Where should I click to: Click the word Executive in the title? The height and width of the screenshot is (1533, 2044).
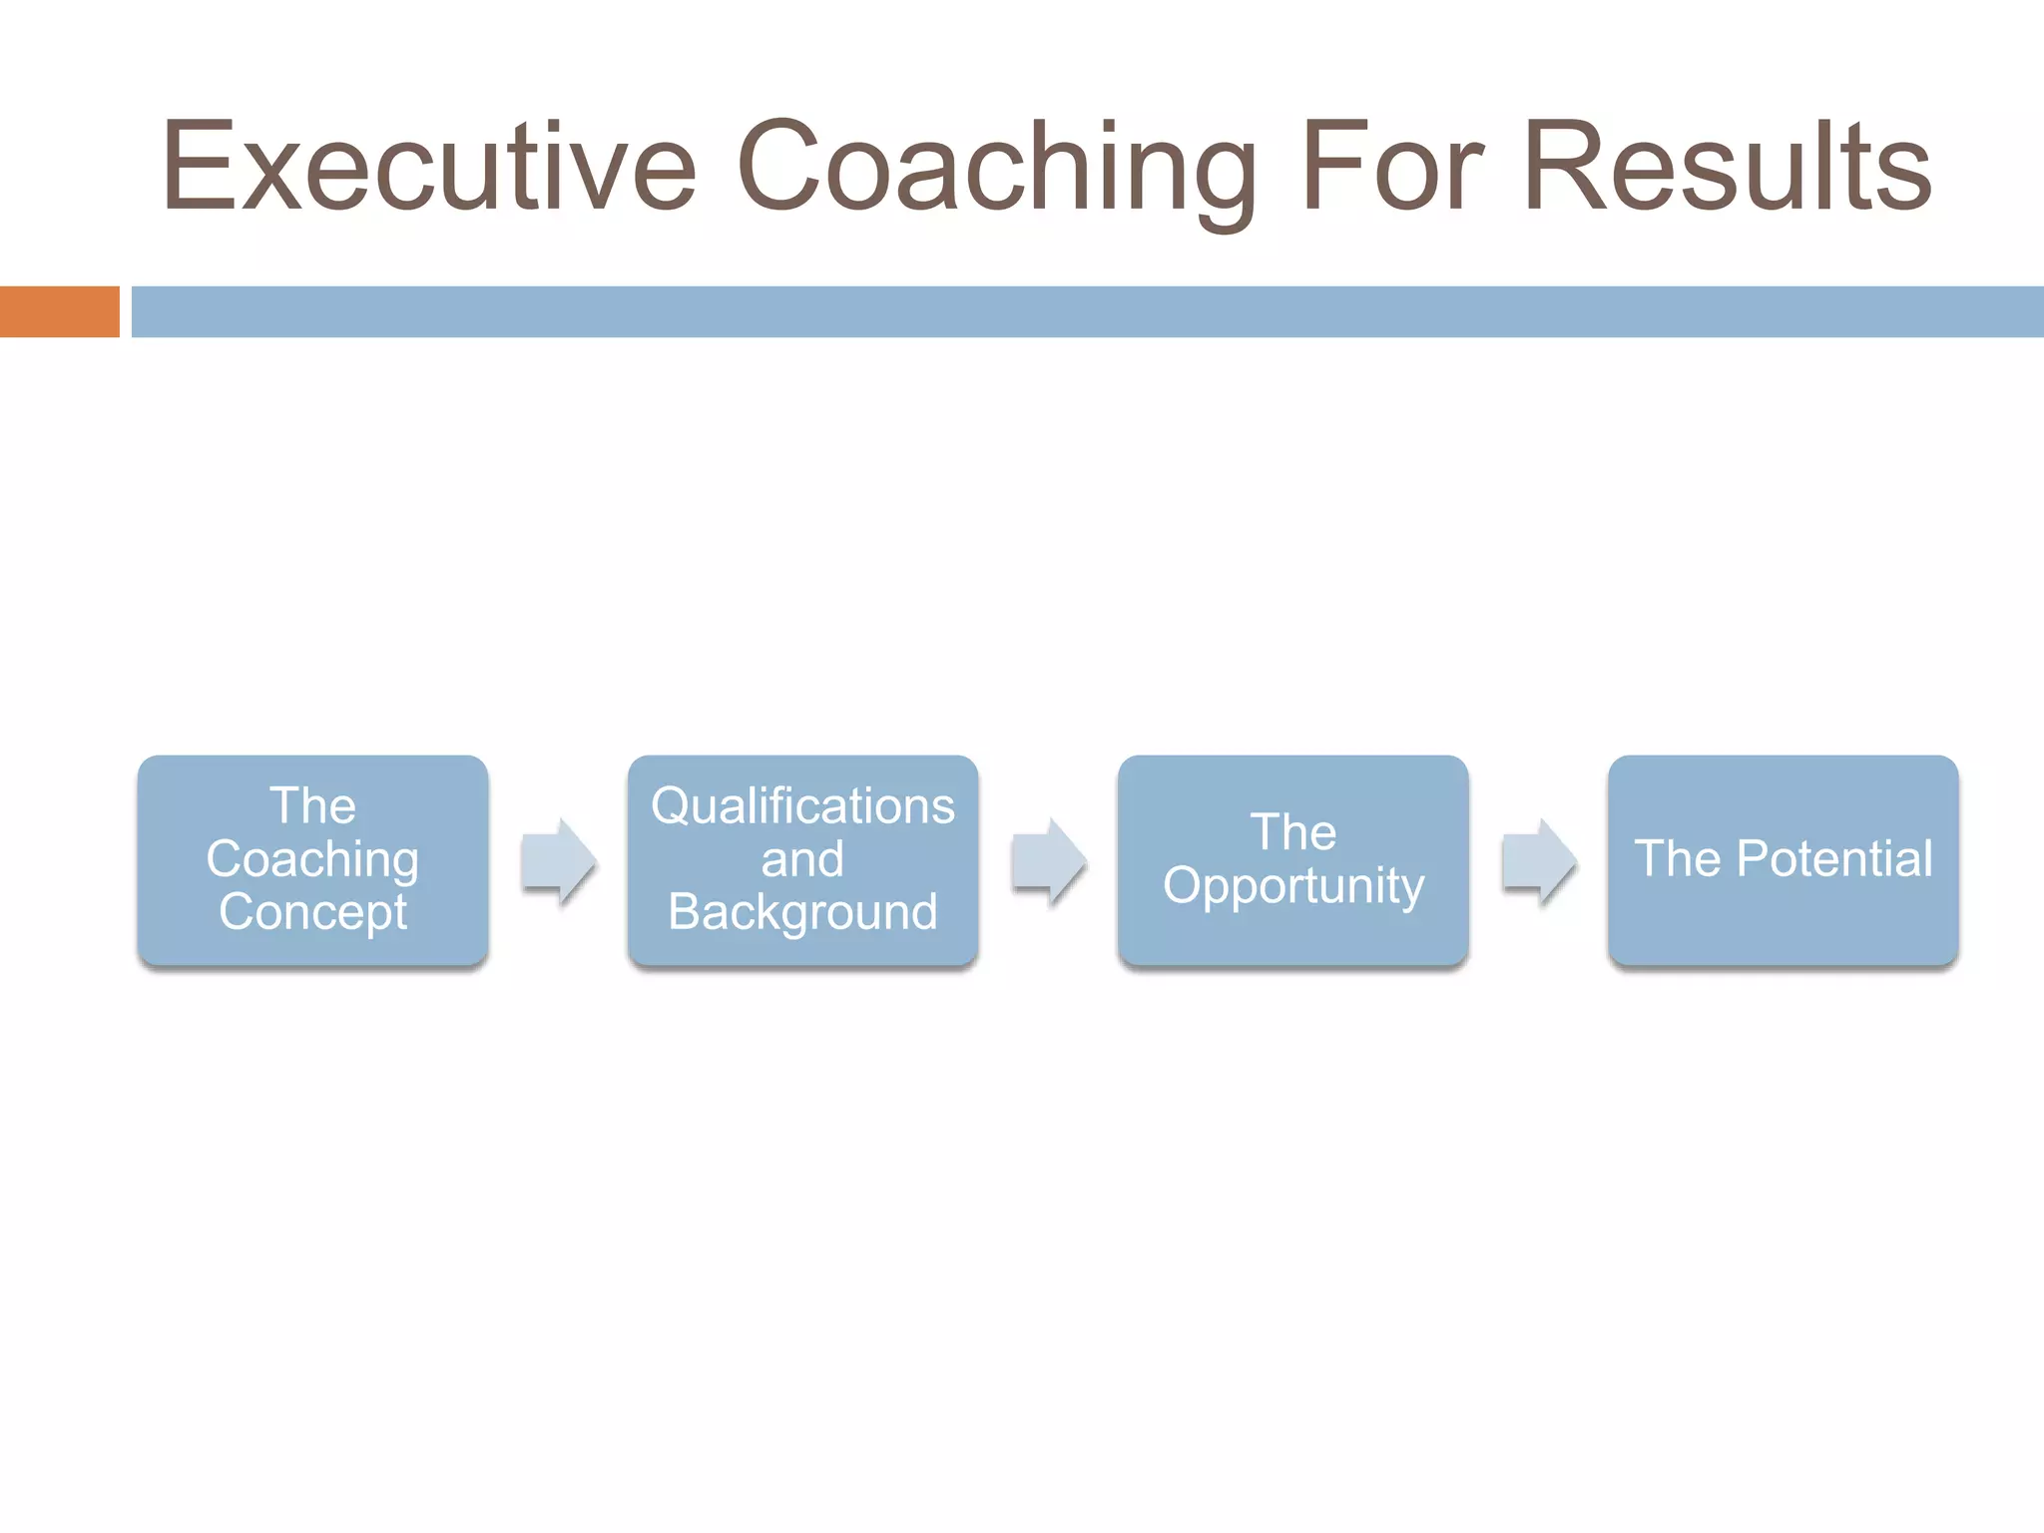tap(429, 167)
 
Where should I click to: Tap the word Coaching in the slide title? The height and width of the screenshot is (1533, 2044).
tap(996, 167)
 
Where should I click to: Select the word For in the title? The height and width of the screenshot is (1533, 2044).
tap(1393, 167)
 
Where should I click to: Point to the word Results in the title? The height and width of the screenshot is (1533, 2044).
tap(1727, 167)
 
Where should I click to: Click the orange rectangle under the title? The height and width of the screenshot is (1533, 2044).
tap(59, 311)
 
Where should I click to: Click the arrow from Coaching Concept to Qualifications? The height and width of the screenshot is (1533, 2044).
tap(558, 860)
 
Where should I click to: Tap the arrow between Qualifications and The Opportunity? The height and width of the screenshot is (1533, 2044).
tap(1048, 860)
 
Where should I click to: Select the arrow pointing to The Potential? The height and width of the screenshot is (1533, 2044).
tap(1538, 860)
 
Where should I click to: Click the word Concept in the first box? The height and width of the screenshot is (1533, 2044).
tap(312, 912)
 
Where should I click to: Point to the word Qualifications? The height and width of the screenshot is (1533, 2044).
tap(802, 806)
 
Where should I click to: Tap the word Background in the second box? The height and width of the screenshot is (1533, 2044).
tap(802, 912)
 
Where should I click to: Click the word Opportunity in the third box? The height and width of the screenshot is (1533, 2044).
tap(1293, 886)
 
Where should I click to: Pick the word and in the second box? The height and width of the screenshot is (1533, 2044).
tap(802, 859)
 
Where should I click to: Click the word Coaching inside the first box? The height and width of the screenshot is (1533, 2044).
tap(312, 859)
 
